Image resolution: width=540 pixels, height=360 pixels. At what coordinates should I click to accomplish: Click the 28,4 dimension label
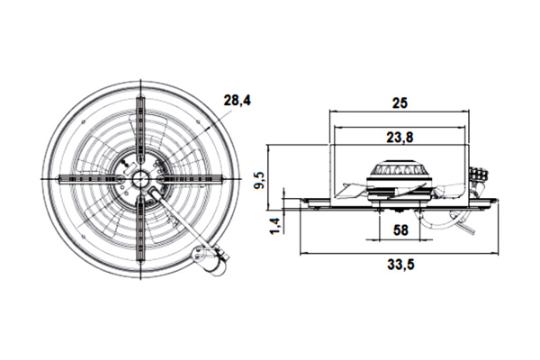tap(238, 101)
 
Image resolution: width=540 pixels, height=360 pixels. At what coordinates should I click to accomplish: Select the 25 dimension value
tap(400, 103)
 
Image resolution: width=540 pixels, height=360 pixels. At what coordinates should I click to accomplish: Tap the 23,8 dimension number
tap(400, 138)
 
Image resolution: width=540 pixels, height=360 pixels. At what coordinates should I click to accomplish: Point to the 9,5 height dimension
tap(260, 180)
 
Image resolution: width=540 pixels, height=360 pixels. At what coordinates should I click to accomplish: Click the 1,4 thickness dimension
tap(275, 226)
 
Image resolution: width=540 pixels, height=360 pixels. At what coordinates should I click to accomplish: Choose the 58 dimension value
tap(400, 229)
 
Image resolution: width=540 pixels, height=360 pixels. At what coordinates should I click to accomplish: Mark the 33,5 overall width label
tap(400, 265)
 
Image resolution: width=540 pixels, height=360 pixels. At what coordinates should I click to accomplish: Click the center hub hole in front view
tap(141, 178)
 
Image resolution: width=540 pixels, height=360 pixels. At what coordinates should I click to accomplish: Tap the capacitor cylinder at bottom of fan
tap(209, 260)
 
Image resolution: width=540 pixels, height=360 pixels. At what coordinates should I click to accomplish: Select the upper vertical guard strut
tap(141, 130)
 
